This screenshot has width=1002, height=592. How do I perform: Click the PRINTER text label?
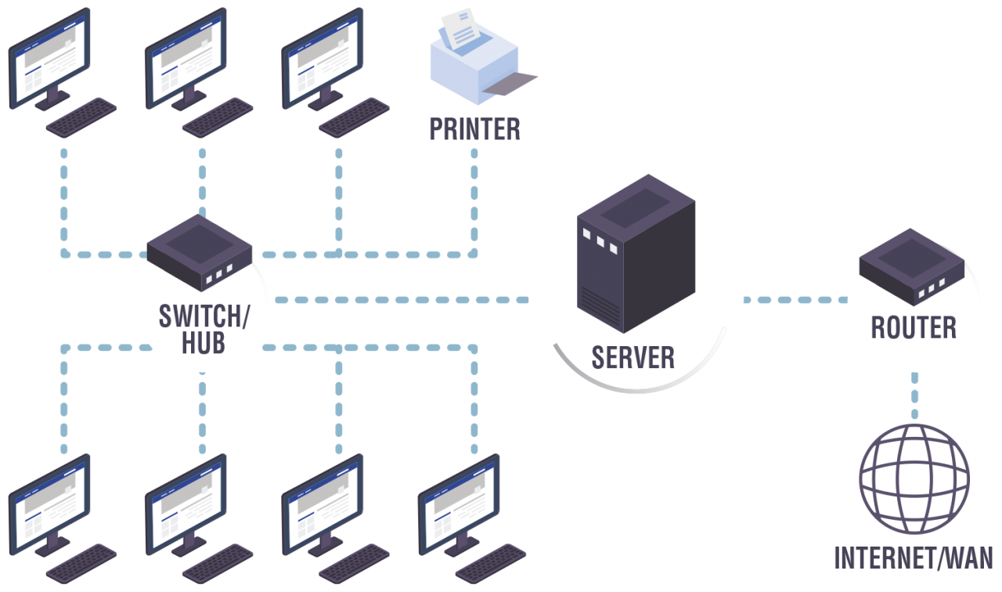pyautogui.click(x=474, y=129)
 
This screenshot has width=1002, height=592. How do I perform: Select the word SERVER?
pyautogui.click(x=633, y=357)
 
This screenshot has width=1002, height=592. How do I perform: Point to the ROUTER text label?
pyautogui.click(x=914, y=327)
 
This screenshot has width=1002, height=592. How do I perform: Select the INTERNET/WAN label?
pyautogui.click(x=914, y=558)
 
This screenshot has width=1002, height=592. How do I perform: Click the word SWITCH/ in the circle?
pyautogui.click(x=204, y=316)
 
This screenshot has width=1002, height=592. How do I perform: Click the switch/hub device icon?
pyautogui.click(x=199, y=254)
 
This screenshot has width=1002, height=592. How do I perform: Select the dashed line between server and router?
pyautogui.click(x=795, y=299)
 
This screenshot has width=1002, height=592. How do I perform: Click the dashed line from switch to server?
pyautogui.click(x=399, y=299)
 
